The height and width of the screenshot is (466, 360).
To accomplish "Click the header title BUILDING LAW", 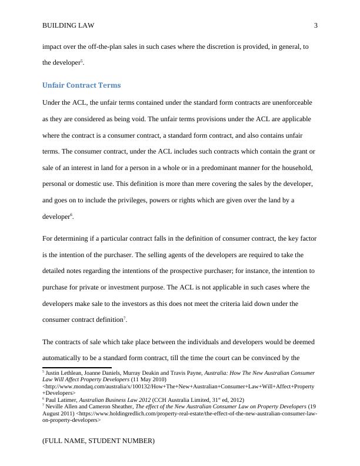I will [68, 26].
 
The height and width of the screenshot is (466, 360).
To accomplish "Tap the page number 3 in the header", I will [316, 26].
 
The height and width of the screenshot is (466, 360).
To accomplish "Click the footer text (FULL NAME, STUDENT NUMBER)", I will [98, 440].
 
